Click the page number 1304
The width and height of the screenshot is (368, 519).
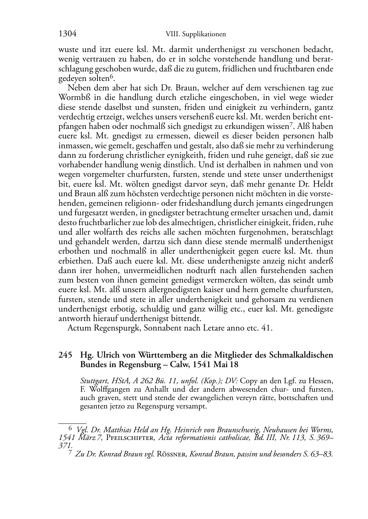(67, 34)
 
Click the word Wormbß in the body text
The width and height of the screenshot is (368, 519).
(71, 98)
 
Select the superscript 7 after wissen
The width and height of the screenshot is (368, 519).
(290, 124)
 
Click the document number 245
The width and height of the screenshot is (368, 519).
(65, 355)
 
